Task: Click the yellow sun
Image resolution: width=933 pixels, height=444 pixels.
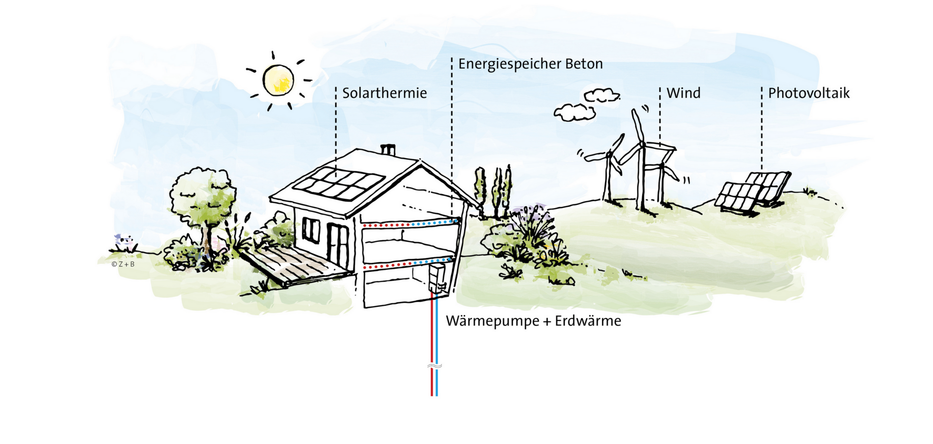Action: tap(278, 80)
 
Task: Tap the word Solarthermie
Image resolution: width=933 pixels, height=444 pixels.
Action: tap(384, 93)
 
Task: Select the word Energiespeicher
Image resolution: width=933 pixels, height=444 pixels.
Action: tap(510, 64)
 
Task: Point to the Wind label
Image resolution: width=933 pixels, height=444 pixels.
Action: tap(684, 93)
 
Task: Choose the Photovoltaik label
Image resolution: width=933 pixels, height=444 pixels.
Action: tap(809, 93)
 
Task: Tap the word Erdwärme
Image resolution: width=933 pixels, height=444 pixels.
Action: tap(588, 321)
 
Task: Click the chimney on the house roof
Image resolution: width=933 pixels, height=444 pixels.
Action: tap(388, 149)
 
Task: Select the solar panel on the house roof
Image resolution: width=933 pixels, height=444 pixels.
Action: tap(339, 183)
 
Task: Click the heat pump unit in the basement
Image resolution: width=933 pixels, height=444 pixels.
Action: tap(437, 278)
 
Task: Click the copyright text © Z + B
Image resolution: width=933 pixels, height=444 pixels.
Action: tap(123, 264)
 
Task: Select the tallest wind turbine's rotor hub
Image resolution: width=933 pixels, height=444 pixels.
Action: tap(641, 144)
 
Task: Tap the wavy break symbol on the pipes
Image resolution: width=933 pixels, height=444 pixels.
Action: tap(435, 366)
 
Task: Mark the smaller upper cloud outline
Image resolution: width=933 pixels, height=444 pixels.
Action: tap(602, 95)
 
